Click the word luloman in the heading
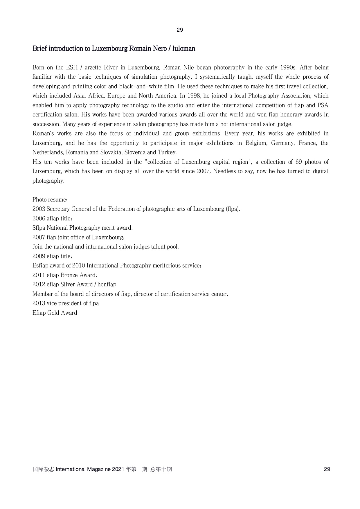click(x=184, y=48)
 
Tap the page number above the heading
click(x=180, y=30)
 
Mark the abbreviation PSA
click(x=323, y=105)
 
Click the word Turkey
click(x=167, y=152)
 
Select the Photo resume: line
click(x=50, y=200)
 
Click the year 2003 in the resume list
click(x=39, y=209)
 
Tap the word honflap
click(x=107, y=285)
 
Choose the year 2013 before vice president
click(x=39, y=303)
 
